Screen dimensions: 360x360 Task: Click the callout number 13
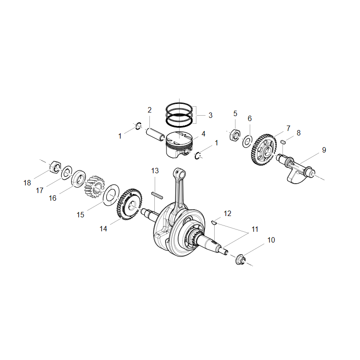[155, 171]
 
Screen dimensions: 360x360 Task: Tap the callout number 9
[324, 150]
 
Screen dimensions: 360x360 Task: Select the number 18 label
[27, 183]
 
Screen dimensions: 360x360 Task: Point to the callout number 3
[210, 115]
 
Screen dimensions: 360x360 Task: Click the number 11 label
[255, 229]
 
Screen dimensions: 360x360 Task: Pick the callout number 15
[80, 215]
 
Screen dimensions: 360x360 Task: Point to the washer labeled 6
[247, 142]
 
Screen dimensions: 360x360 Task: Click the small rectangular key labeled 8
[283, 142]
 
